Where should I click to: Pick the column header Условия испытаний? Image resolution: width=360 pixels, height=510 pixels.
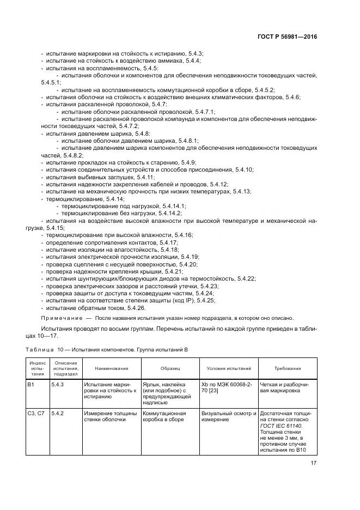228,368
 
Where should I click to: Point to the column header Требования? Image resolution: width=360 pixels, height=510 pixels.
287,368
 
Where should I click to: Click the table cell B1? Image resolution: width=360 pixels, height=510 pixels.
31,384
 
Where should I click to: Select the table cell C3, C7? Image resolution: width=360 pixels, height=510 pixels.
35,414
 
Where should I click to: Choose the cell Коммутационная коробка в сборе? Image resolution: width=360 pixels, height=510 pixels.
164,417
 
